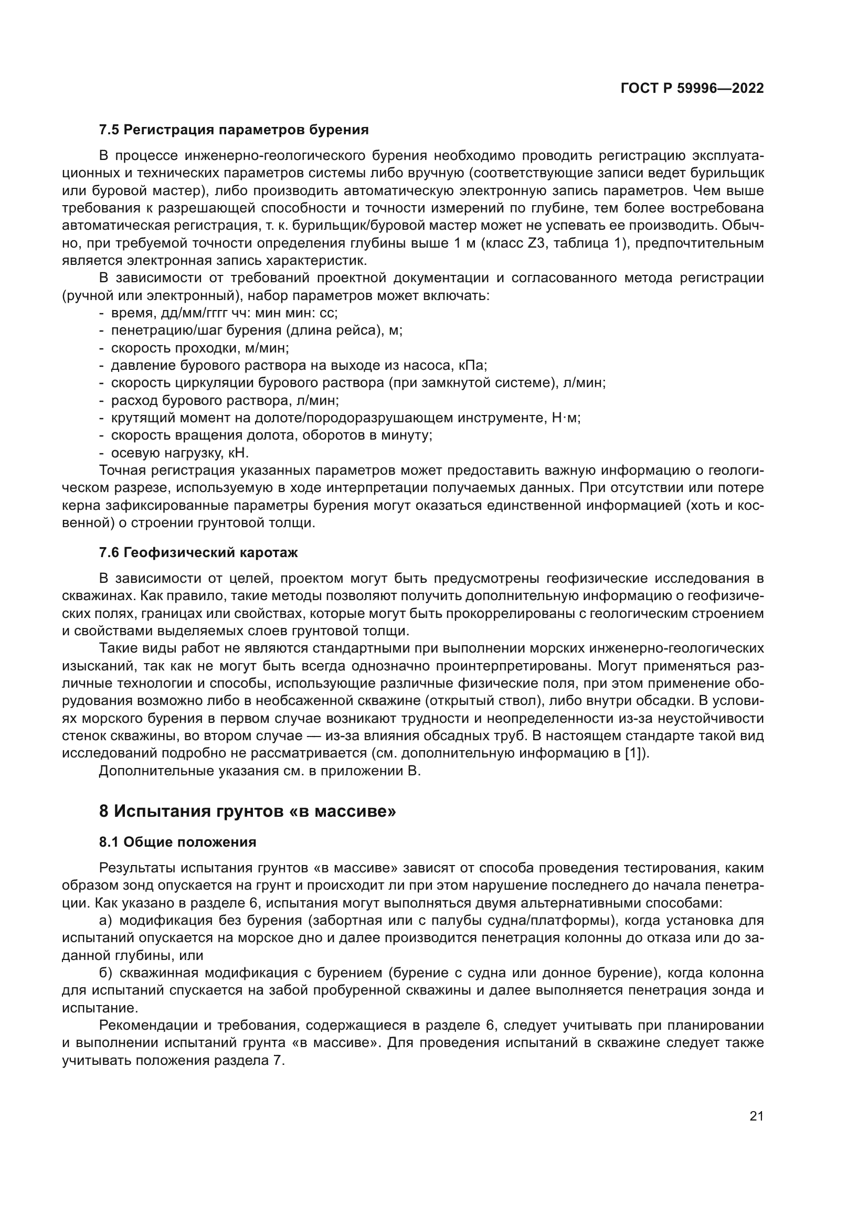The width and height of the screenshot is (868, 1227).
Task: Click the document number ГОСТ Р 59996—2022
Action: coord(692,88)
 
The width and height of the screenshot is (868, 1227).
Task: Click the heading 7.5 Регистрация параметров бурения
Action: coord(234,130)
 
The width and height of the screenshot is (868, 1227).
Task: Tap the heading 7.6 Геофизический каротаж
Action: coord(198,552)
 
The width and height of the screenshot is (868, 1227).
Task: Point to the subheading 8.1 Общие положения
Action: coord(177,842)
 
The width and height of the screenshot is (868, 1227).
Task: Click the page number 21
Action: coord(756,1116)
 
